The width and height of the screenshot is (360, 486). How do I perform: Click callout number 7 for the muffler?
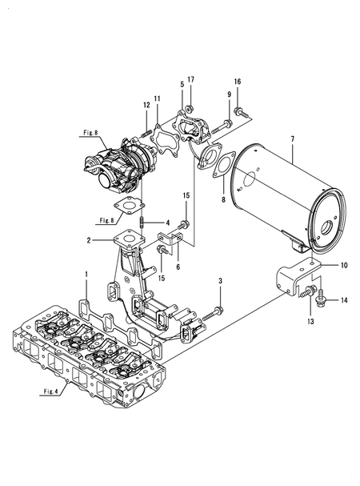293,139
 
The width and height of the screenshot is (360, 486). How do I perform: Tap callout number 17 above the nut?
191,79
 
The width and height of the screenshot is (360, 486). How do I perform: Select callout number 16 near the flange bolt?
238,82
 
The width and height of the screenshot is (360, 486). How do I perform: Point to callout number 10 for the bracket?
344,265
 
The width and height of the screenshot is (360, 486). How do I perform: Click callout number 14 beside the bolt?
344,300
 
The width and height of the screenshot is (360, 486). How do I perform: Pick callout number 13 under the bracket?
310,321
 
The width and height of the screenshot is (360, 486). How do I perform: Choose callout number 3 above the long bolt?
220,281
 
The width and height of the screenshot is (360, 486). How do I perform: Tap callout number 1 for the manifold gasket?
86,275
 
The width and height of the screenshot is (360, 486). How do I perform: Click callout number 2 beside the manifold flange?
89,240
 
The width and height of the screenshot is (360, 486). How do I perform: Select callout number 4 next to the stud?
168,223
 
